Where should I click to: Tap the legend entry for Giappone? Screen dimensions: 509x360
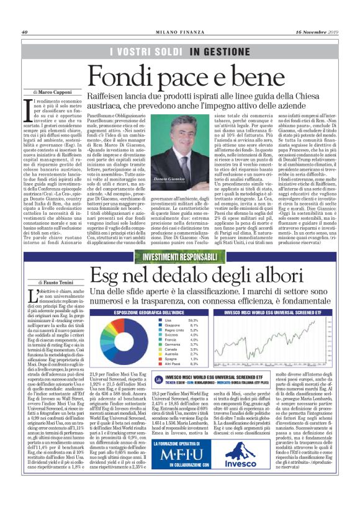point(173,325)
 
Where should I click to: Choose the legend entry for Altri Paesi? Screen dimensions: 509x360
point(174,364)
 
